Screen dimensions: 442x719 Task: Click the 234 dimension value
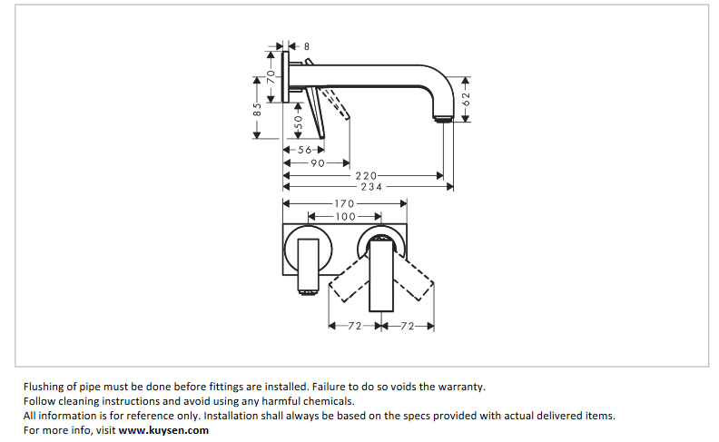[371, 186]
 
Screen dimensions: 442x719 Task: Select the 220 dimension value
[366, 175]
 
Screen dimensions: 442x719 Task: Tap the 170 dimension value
[344, 204]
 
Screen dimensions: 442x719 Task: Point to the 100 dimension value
[345, 217]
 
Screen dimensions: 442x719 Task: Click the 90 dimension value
[318, 162]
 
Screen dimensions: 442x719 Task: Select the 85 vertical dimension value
[257, 106]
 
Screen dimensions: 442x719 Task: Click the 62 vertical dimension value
[466, 99]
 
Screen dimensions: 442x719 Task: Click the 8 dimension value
[307, 45]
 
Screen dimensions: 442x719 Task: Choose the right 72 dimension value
[407, 325]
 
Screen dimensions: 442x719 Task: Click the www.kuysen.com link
[164, 430]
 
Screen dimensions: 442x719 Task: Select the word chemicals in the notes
[327, 401]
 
